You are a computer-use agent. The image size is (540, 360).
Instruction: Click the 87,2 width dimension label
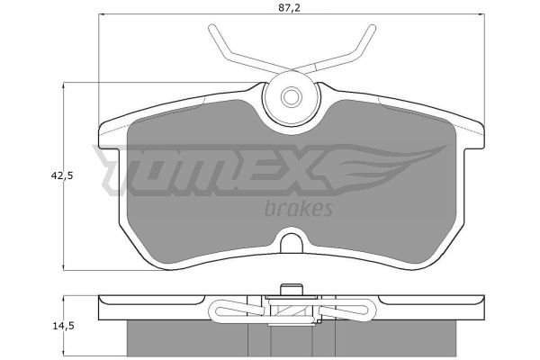[289, 8]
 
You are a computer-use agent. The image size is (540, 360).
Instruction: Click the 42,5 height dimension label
[62, 176]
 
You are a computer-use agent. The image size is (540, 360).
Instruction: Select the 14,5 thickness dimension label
[63, 326]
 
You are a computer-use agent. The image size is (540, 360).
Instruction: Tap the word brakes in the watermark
[299, 209]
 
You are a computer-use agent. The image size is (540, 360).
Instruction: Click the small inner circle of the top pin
[291, 96]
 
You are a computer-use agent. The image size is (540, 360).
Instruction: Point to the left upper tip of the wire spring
[211, 27]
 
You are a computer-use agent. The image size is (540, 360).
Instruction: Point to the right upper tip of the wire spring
[372, 28]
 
